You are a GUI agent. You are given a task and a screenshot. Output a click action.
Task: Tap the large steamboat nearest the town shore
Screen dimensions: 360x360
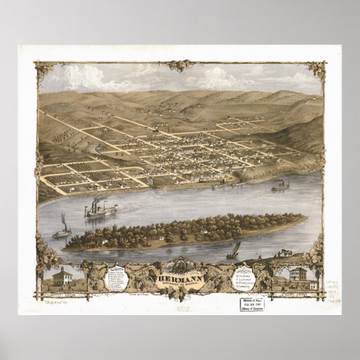pyautogui.click(x=101, y=211)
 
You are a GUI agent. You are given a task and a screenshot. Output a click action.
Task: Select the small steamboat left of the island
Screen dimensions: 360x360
pyautogui.click(x=62, y=232)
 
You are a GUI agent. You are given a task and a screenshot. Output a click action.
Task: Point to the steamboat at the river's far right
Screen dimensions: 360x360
pyautogui.click(x=280, y=185)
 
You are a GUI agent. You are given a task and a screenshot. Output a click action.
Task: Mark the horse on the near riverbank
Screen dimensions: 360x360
pyautogui.click(x=286, y=253)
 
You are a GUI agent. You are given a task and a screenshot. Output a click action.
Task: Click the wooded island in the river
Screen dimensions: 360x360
pyautogui.click(x=183, y=231)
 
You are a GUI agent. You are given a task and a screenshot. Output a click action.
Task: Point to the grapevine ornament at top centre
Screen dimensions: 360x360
pyautogui.click(x=180, y=66)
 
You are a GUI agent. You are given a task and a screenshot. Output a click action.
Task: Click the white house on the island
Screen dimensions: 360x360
pyautogui.click(x=103, y=241)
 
